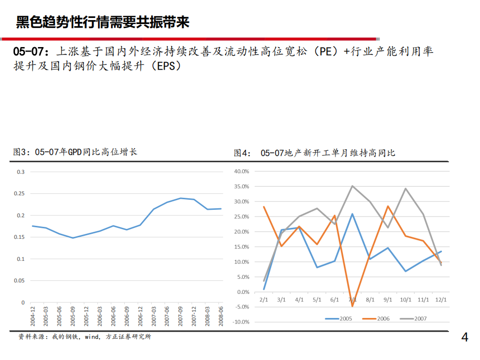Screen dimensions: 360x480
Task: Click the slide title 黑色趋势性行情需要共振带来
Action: (103, 22)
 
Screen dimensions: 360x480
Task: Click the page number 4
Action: (465, 338)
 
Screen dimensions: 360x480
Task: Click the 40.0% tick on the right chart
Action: (241, 171)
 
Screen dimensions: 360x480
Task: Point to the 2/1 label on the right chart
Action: (263, 299)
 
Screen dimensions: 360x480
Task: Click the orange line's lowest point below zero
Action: (352, 306)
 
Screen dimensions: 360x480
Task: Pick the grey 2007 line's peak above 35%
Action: (352, 186)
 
